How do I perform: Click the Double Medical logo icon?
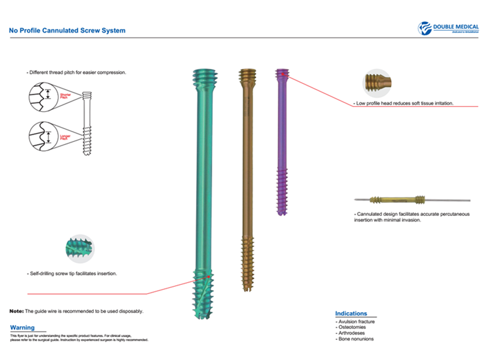coord(425,28)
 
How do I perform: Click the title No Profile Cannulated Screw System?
coord(67,30)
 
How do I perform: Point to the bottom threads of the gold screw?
coord(248,265)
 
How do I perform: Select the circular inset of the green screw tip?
coord(79,248)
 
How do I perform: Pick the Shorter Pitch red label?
coord(65,96)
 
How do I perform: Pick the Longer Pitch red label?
coord(65,137)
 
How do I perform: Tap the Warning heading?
coord(23,328)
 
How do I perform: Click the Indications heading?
coord(351,313)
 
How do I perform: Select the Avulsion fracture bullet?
coord(356,321)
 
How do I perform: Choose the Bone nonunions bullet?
coord(355,339)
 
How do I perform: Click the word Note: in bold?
coord(16,311)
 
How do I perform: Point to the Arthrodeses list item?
coord(352,333)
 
